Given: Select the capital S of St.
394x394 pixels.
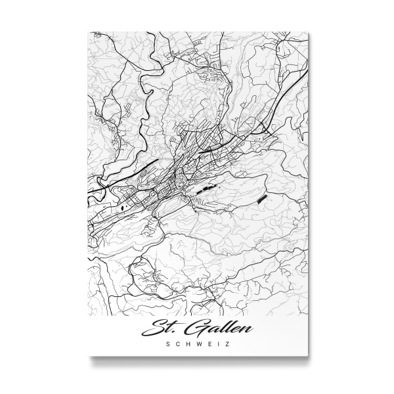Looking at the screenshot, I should (160, 326).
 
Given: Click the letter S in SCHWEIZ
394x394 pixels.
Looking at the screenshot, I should (170, 343).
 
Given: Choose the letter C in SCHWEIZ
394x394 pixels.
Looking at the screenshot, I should (179, 343).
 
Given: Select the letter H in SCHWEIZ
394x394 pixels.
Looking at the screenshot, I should (188, 343).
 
